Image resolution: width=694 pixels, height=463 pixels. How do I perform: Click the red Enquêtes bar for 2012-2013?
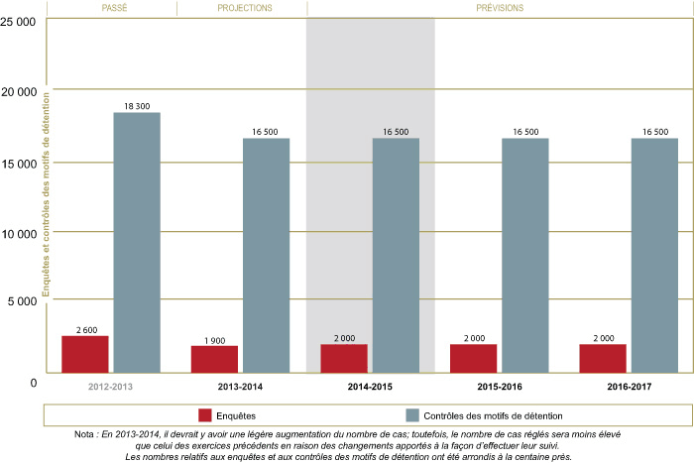pos(85,354)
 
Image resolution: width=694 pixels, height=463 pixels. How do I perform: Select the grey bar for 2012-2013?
pos(137,243)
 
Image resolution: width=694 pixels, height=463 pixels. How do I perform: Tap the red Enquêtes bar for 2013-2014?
pos(214,359)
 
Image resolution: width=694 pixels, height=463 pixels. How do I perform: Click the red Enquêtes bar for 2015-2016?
pos(474,358)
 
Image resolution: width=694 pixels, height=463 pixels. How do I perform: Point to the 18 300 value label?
pos(137,106)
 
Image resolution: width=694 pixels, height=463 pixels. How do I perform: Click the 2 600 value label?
pos(85,329)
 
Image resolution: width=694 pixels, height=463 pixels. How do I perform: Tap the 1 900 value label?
pos(214,339)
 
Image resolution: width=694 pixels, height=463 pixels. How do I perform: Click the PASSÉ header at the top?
pos(111,8)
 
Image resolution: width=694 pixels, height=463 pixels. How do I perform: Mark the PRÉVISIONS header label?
pos(501,8)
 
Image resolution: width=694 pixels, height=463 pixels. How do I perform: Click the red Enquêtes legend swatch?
pos(206,414)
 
